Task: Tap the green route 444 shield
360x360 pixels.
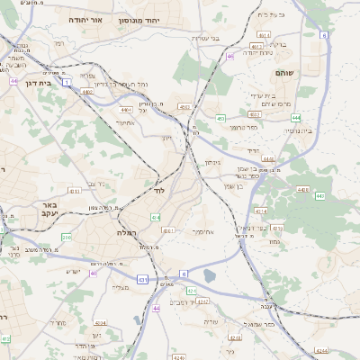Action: pos(296,117)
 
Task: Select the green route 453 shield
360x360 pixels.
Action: pos(220,118)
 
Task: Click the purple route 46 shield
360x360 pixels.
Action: pos(231,56)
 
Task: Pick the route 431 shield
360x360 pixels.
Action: pos(142,280)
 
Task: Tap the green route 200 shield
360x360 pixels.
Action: pos(66,238)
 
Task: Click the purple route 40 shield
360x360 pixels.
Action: pos(94,274)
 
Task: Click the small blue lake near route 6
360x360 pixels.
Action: pos(210,276)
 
